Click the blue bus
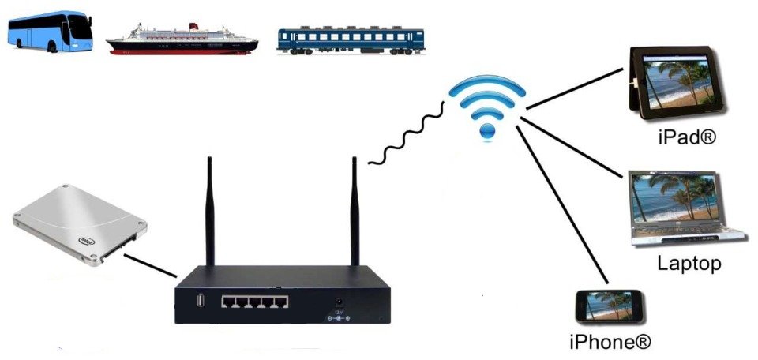tap(51, 32)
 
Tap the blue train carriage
tap(351, 39)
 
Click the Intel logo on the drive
tap(87, 241)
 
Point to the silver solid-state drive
tap(80, 225)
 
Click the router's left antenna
tap(210, 211)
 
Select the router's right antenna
tap(355, 211)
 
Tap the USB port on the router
tap(201, 300)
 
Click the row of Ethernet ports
tap(255, 302)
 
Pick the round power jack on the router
tap(340, 302)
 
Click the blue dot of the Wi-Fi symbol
tap(487, 131)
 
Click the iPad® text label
tap(686, 137)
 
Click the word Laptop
tap(689, 264)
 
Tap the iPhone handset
tap(610, 306)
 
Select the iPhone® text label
tap(610, 342)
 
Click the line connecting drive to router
tap(150, 266)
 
